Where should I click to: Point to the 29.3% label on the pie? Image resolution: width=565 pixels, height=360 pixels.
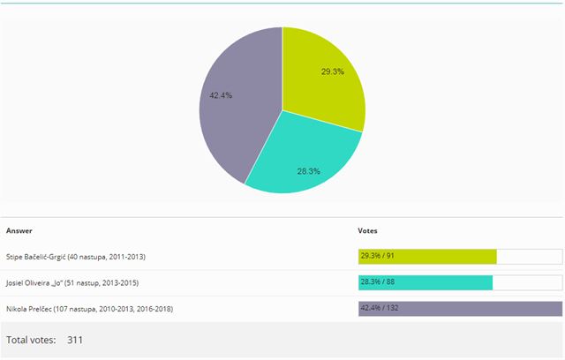point(333,71)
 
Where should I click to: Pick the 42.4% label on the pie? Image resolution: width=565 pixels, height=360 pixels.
point(221,95)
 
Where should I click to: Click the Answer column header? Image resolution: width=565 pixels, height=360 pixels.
point(19,230)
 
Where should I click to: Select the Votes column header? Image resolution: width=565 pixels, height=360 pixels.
point(367,230)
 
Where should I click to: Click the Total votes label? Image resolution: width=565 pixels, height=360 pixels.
point(31,340)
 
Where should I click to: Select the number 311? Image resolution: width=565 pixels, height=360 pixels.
point(75,340)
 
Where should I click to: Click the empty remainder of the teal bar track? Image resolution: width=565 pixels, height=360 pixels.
point(527,282)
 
